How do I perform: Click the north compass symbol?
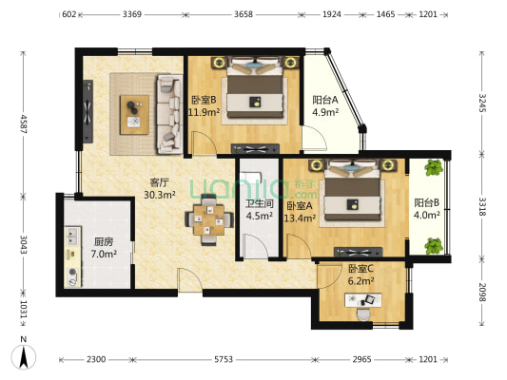(x=23, y=356)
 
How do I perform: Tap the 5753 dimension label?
(x=224, y=359)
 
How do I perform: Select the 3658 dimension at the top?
(x=244, y=14)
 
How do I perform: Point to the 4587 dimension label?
(x=23, y=123)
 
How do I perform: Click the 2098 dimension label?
(x=482, y=293)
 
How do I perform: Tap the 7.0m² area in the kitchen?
(x=104, y=254)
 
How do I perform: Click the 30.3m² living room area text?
(x=160, y=195)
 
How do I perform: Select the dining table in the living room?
(x=209, y=219)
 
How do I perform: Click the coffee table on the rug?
(x=134, y=115)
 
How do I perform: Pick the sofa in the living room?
(x=169, y=114)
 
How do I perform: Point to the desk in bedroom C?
(x=363, y=300)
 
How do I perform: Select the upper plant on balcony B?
(x=434, y=167)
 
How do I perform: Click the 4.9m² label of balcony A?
(x=325, y=112)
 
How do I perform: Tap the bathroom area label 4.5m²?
(x=260, y=216)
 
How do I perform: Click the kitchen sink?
(x=72, y=236)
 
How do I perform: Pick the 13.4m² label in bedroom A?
(x=300, y=218)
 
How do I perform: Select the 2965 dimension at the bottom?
(x=361, y=359)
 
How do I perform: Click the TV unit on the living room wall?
(x=88, y=111)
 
